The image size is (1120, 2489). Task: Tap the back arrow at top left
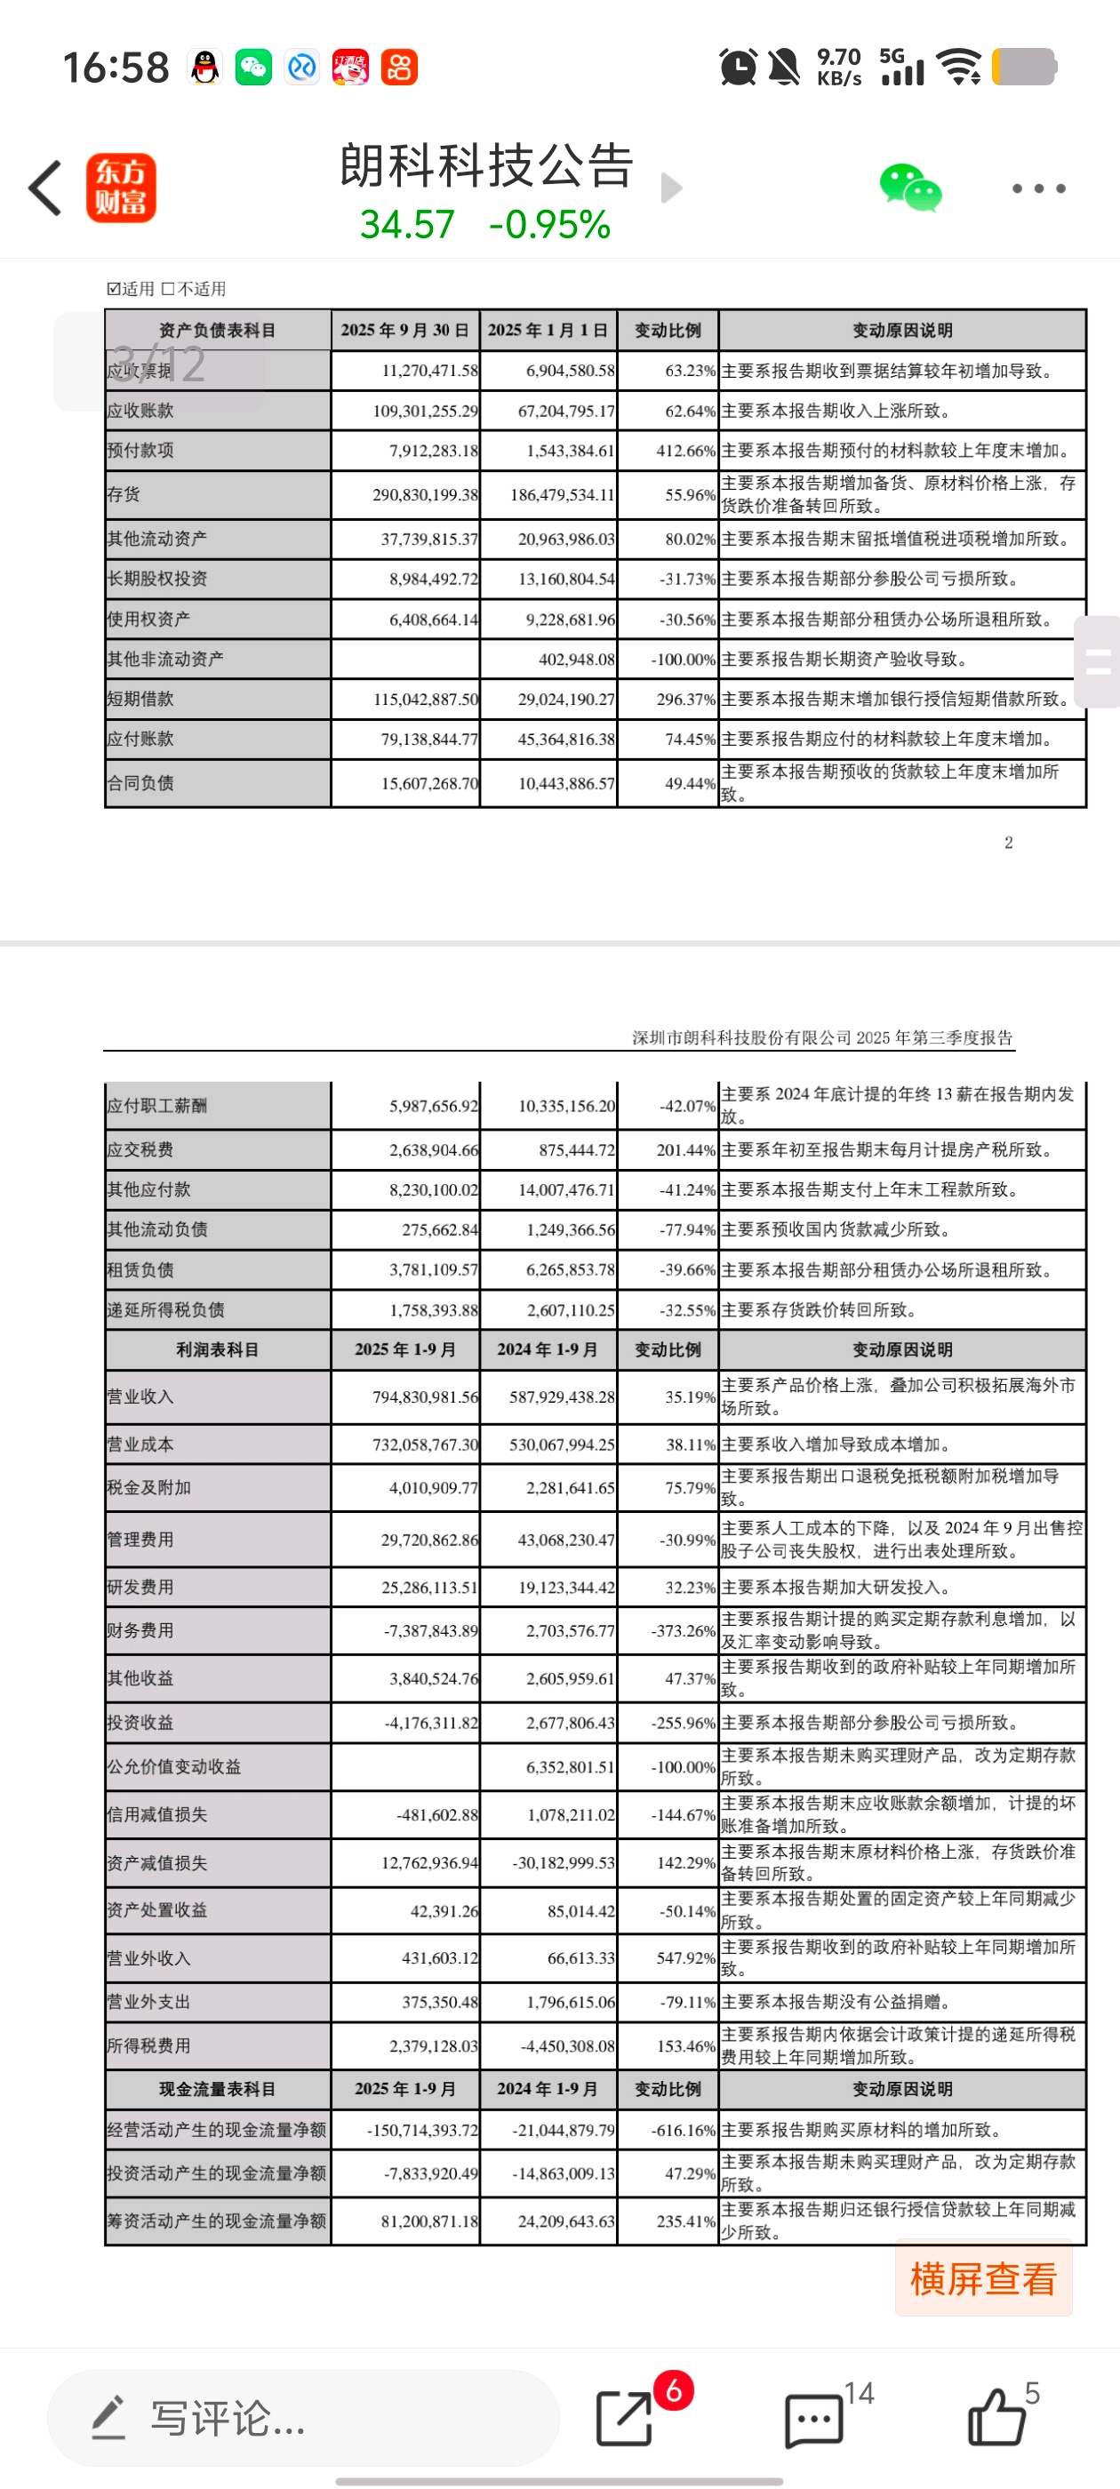tap(45, 188)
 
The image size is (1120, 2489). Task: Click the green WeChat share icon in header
tap(909, 188)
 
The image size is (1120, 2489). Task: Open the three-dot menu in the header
tap(1038, 188)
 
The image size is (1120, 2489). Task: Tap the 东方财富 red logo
tap(121, 188)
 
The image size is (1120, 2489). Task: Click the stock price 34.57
tap(407, 225)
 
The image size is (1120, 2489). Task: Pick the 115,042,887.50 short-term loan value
tap(425, 700)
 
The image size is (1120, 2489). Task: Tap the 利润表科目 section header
tap(218, 1349)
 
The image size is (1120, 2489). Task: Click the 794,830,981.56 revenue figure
tap(425, 1397)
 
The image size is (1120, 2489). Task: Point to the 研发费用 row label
tap(141, 1588)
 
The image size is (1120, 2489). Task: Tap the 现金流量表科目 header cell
tap(218, 2089)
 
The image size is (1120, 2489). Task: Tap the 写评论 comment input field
tap(301, 2419)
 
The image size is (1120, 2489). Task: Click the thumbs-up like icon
tap(996, 2418)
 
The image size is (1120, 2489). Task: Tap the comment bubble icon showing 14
tap(813, 2420)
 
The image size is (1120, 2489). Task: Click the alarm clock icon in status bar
tap(739, 68)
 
